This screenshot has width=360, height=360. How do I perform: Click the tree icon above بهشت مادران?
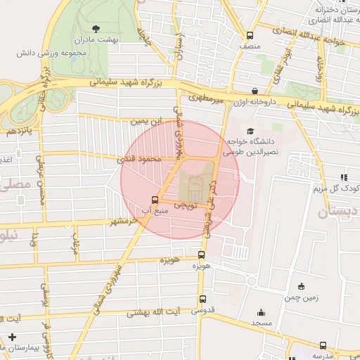click(x=96, y=28)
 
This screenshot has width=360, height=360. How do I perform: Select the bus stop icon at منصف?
click(x=250, y=36)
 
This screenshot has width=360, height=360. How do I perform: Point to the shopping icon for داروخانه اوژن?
click(x=254, y=91)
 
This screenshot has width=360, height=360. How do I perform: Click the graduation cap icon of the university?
click(x=250, y=131)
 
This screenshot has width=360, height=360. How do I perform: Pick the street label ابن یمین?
click(x=146, y=122)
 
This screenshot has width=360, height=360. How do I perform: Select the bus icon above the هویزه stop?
click(x=202, y=255)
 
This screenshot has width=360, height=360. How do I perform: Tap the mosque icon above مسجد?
click(x=262, y=313)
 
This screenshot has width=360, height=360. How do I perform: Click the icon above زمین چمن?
click(x=301, y=286)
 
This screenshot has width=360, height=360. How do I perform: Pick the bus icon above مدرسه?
click(x=323, y=345)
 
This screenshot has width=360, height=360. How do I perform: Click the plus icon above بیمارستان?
click(x=12, y=337)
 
